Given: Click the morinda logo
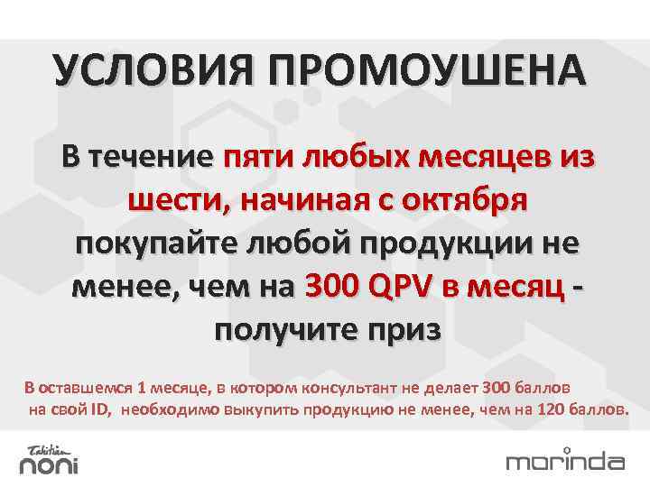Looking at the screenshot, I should click(x=565, y=461).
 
